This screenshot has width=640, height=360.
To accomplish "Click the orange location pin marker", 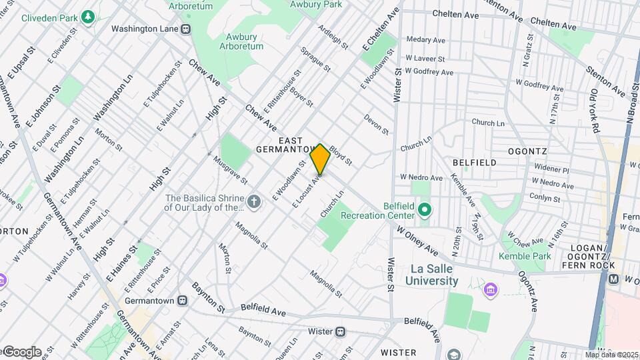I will (320, 159).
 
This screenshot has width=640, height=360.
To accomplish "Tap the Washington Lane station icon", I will (186, 29).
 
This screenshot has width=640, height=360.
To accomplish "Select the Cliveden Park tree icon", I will (87, 17).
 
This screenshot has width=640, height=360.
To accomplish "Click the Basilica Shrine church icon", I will (253, 201).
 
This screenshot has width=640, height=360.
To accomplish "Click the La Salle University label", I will (434, 274).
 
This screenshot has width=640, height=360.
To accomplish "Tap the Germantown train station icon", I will (183, 300).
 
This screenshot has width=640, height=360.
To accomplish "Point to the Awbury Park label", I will (316, 4).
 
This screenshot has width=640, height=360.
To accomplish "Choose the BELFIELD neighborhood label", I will (474, 162).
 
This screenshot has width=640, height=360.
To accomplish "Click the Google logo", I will (21, 352).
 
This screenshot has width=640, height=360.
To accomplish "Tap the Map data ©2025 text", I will (611, 355).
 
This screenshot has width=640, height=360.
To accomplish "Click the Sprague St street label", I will (315, 59).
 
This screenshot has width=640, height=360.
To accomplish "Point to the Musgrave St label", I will (231, 170).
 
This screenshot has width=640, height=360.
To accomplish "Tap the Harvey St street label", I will (83, 285).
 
